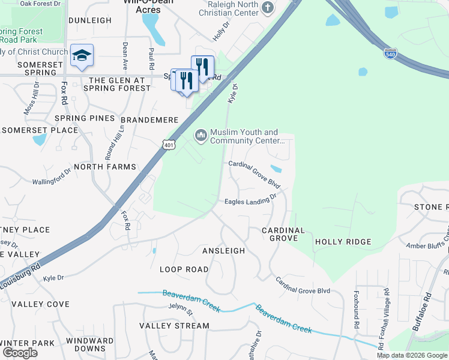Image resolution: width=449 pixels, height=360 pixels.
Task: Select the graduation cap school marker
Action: (82, 56)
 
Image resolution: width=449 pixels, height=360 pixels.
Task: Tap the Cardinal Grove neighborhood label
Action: (283, 234)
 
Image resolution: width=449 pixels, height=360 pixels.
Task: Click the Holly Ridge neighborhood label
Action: (343, 242)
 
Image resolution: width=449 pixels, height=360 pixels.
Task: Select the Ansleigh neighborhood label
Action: (223, 251)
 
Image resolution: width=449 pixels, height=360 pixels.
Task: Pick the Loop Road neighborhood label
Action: (184, 269)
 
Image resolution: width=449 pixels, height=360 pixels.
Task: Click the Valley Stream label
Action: (174, 326)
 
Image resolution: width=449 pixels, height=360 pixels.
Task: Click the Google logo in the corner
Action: (20, 353)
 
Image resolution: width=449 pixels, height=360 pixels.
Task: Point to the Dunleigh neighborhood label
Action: (90, 20)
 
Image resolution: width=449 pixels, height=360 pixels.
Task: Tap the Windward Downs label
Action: (90, 344)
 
